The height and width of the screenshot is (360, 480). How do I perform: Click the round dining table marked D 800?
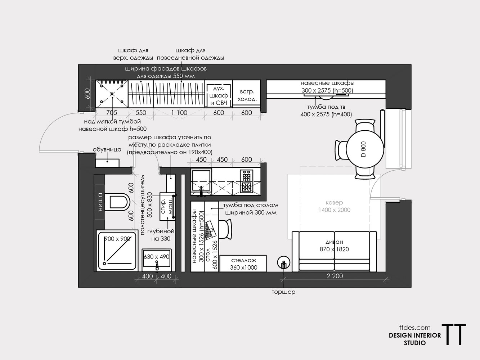tap(365, 149)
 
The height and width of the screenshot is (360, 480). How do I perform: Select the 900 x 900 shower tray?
tap(117, 251)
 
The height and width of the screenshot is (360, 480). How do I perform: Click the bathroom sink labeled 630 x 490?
tap(157, 260)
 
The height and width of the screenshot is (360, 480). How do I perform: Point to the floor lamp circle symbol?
tap(284, 262)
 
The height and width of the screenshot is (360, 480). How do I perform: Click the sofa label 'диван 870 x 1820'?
tap(334, 246)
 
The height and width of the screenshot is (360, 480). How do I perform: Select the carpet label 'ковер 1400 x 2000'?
tap(334, 206)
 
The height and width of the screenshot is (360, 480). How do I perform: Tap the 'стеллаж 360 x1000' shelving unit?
tap(243, 264)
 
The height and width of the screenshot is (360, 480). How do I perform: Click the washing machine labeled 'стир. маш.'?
tap(167, 207)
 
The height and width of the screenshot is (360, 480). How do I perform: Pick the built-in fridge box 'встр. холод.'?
tap(247, 94)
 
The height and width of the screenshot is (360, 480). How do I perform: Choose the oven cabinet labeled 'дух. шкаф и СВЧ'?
tap(219, 94)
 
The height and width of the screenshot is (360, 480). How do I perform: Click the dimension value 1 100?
tap(179, 113)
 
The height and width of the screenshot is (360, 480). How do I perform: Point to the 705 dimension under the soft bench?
tap(112, 113)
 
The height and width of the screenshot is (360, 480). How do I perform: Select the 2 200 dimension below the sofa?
tap(335, 276)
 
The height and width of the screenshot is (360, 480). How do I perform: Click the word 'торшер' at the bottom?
tap(284, 292)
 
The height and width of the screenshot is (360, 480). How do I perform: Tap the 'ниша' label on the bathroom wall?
tap(100, 202)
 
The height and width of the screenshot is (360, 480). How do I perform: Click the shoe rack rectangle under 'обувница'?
tap(107, 163)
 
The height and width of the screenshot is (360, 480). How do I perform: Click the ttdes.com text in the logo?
tap(415, 328)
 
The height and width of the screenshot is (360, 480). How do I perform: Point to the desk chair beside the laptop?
tap(225, 229)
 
